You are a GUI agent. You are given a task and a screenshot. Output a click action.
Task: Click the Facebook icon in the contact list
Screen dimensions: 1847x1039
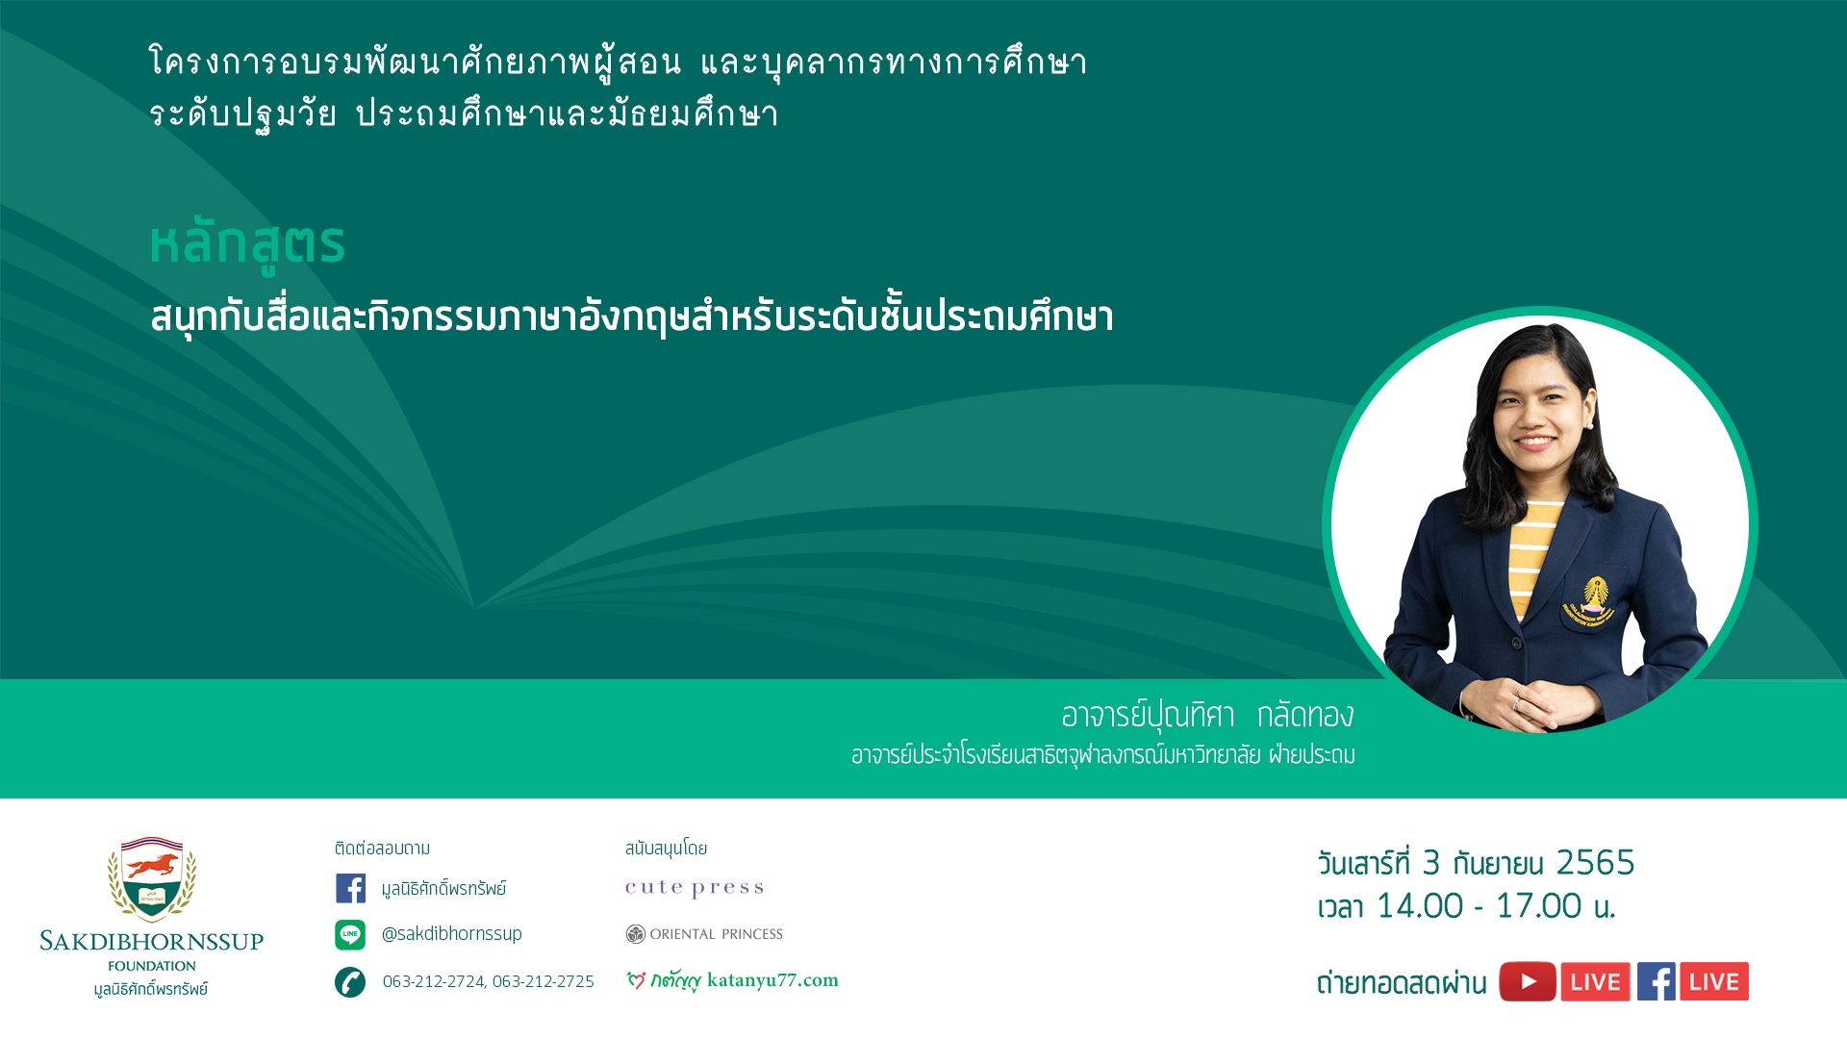pos(350,888)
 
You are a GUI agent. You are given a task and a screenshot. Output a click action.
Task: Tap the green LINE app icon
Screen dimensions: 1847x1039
pos(350,934)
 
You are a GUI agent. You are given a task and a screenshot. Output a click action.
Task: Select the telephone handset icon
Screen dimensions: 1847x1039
pos(350,982)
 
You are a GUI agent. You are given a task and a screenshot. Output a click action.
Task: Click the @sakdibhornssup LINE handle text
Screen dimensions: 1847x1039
pos(452,934)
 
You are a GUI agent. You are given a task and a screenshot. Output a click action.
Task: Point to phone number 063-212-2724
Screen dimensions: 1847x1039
pos(434,981)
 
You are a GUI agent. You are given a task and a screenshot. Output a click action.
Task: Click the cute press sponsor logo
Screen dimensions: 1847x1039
pos(695,888)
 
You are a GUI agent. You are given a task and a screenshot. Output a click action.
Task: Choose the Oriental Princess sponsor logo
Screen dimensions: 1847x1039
pos(704,934)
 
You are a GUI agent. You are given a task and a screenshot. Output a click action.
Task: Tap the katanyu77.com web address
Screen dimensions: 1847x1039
pos(772,980)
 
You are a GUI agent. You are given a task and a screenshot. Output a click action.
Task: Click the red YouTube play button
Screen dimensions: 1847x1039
pos(1528,981)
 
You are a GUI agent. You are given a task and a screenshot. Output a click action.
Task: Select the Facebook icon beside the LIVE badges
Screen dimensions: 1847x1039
pos(1657,981)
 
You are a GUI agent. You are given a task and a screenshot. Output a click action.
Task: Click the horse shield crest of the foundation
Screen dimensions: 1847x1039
pos(152,878)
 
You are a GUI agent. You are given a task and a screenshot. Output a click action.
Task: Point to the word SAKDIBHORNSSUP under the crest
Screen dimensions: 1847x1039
pos(152,942)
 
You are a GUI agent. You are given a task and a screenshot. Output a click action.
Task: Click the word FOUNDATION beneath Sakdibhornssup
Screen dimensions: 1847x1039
pos(152,966)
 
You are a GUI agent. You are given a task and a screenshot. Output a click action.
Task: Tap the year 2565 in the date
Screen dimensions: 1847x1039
pos(1595,863)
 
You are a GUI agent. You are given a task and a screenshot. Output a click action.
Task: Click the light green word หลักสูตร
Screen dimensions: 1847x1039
pos(247,244)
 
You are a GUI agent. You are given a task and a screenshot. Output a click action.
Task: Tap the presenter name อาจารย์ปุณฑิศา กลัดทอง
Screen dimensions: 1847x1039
pos(1207,716)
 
